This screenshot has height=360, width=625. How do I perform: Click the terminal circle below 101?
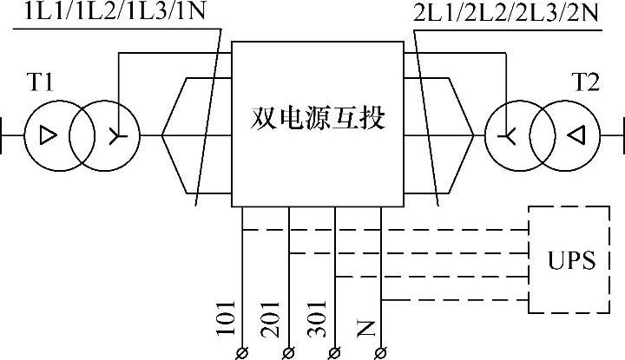(242, 351)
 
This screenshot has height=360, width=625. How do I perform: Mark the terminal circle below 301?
(334, 351)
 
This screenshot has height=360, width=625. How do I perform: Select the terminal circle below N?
(381, 351)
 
